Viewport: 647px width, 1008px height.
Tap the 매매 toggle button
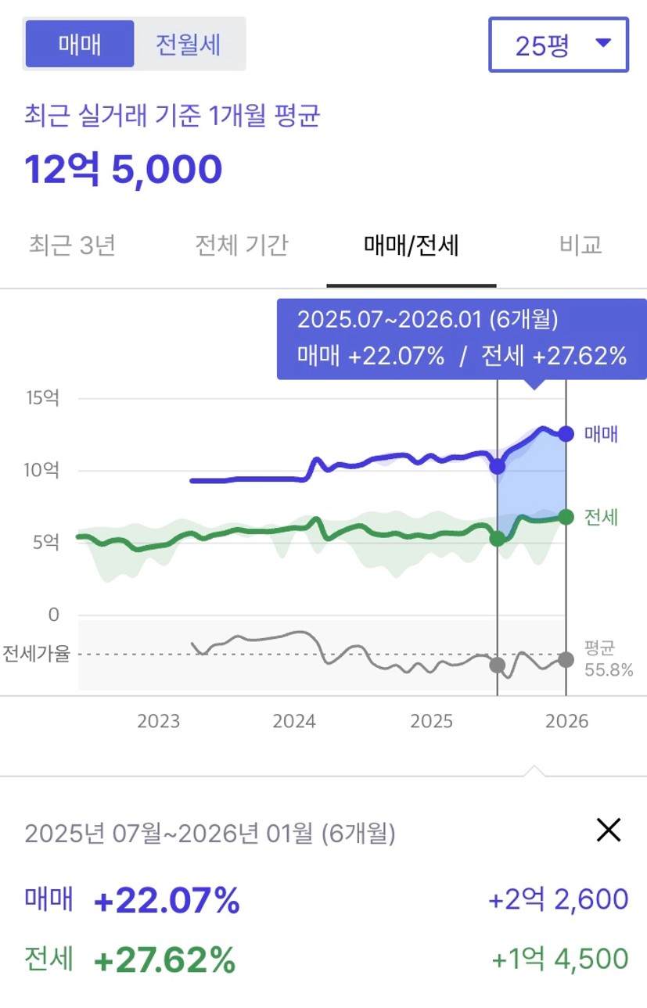point(80,44)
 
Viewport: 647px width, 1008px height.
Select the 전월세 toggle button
point(189,44)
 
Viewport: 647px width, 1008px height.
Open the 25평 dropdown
point(559,45)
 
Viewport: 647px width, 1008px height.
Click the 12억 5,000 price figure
point(124,169)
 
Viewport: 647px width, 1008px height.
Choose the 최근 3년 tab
point(72,246)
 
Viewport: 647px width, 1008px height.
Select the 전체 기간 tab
point(242,246)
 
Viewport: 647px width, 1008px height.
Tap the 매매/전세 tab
point(412,246)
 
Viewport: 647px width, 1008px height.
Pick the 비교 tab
point(581,246)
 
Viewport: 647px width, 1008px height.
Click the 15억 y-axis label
point(42,398)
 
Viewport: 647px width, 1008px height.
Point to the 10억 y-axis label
point(42,471)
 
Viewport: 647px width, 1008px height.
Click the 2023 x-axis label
point(159,721)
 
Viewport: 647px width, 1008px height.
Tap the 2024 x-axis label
point(294,721)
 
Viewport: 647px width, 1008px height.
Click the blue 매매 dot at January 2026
point(566,433)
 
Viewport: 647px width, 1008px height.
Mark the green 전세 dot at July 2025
point(498,538)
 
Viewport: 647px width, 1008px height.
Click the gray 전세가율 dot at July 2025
point(498,665)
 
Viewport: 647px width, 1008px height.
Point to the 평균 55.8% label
point(608,659)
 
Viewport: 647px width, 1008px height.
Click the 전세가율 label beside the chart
point(36,654)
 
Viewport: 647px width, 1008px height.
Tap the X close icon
point(608,830)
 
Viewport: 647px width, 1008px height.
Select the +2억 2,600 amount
point(558,899)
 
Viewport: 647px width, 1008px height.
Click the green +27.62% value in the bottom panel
point(164,959)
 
